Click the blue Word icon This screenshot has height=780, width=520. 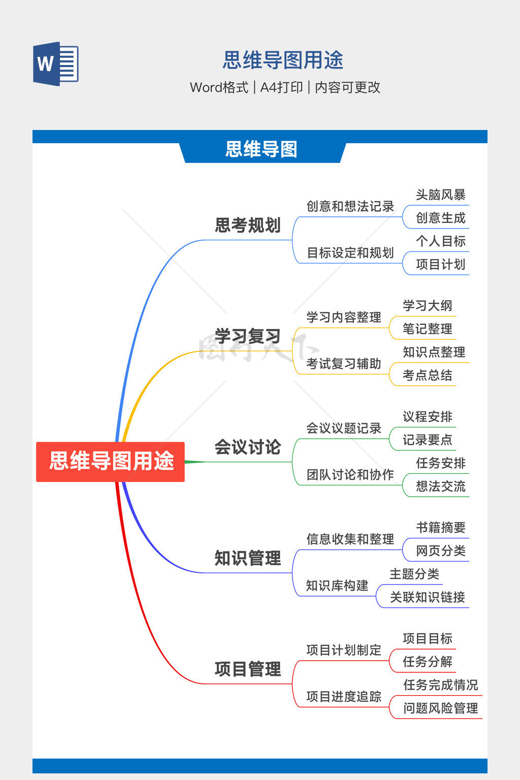pos(56,64)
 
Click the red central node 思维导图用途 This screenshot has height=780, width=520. pos(111,461)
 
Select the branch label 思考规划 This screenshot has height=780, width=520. pos(247,225)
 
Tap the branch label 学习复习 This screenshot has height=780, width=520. pos(247,336)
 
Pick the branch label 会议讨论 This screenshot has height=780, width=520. pos(247,447)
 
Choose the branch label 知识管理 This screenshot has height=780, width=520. pos(247,558)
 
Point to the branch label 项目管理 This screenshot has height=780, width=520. pos(247,669)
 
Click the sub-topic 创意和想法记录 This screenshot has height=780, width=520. pos(350,206)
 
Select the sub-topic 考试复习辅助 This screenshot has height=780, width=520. pos(343,364)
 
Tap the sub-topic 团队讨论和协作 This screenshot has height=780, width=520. pos(350,474)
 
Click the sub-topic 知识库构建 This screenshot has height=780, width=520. pos(337,586)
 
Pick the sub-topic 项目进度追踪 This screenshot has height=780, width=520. pos(343,696)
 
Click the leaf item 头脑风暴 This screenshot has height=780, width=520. pos(440,194)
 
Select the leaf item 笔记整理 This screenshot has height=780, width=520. pos(427,329)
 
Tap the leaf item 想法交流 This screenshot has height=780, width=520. pos(440,486)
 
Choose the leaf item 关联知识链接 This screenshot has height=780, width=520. pos(427,597)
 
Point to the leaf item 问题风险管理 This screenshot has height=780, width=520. pos(440,708)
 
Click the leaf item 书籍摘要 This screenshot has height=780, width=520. pos(440,528)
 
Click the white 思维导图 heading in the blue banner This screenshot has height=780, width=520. pos(261,149)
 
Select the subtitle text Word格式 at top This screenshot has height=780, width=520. pos(219,87)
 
